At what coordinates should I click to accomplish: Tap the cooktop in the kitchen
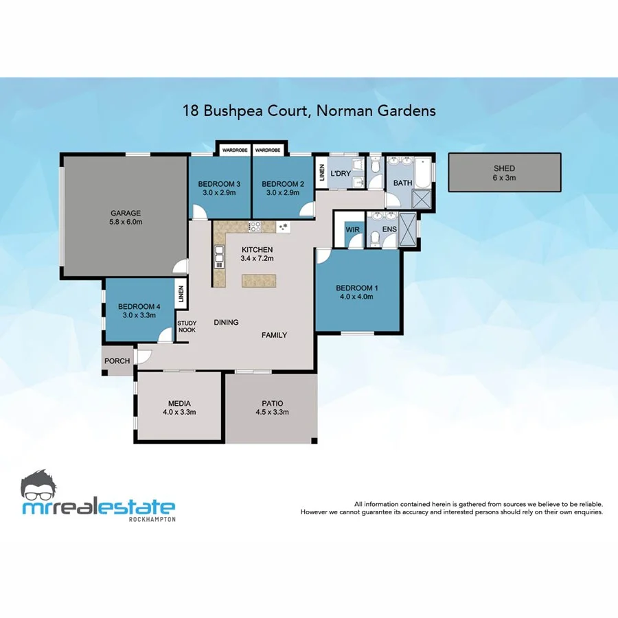tap(255, 226)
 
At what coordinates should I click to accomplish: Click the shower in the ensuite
tap(407, 227)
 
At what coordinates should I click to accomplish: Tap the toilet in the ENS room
tap(375, 238)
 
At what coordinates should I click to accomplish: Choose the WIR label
tap(353, 229)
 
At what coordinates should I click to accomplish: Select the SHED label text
tap(504, 168)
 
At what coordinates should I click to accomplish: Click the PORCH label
tap(117, 361)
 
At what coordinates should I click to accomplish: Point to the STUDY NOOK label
tap(186, 326)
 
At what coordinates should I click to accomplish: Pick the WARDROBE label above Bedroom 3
tap(234, 150)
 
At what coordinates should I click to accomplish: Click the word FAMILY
tap(274, 335)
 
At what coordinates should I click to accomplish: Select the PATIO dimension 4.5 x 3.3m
tap(272, 413)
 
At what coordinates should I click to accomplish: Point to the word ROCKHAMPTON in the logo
tap(152, 519)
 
